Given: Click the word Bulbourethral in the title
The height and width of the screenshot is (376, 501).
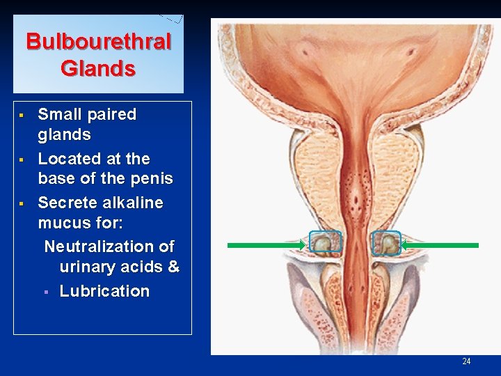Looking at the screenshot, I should tap(98, 42).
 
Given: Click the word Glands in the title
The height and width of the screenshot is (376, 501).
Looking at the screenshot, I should tap(98, 68).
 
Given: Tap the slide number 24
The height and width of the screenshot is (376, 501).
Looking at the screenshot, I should tap(466, 361).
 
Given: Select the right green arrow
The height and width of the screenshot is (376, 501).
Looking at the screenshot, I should tap(440, 245).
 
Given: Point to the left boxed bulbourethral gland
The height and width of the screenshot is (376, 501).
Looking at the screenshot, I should tap(324, 242).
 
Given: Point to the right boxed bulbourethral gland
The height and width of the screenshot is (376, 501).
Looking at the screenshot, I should tap(386, 242).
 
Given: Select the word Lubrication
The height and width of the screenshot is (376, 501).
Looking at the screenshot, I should tap(104, 291).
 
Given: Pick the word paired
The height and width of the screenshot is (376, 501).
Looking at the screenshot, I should tap(113, 114).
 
